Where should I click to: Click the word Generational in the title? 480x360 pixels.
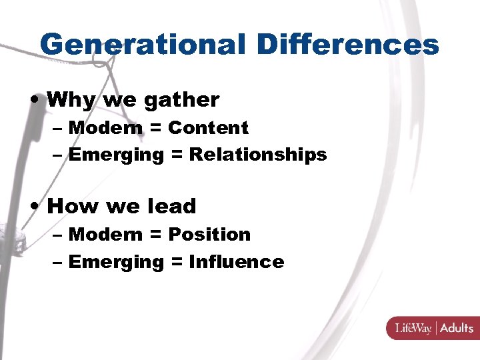pyautogui.click(x=143, y=45)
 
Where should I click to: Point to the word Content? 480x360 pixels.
pyautogui.click(x=208, y=127)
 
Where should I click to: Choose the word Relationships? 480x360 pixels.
pyautogui.click(x=258, y=155)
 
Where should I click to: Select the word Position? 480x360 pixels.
pyautogui.click(x=209, y=234)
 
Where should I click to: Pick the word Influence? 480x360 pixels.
pyautogui.click(x=237, y=262)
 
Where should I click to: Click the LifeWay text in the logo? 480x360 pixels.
pyautogui.click(x=413, y=328)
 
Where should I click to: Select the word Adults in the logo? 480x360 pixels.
pyautogui.click(x=457, y=328)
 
